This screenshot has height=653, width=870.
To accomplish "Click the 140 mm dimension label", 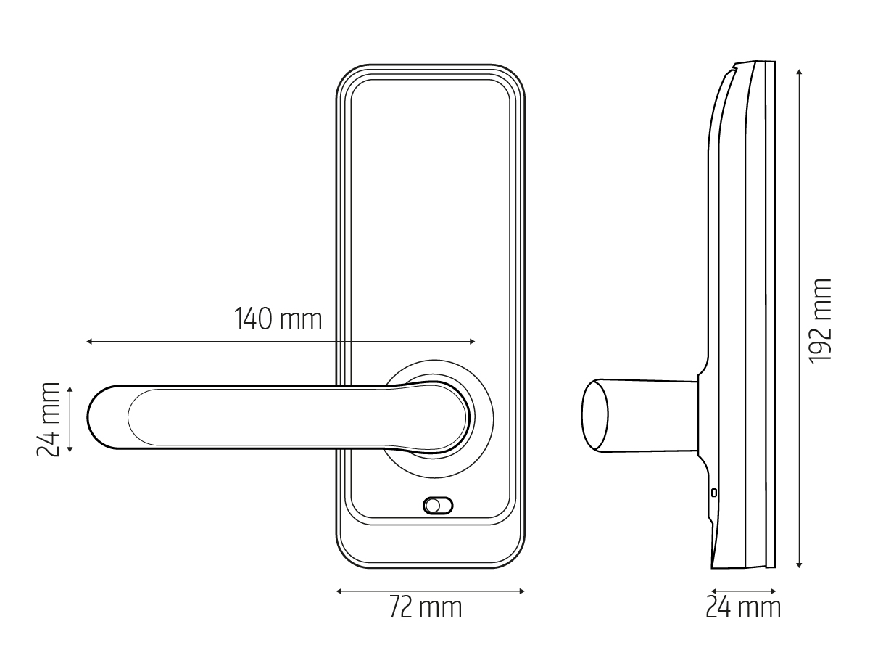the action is coord(278,319).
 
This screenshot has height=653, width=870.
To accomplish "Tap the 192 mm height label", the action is coord(821,321).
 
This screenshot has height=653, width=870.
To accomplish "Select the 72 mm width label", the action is coord(426,607).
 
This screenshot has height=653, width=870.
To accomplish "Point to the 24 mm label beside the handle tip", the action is coord(48,419).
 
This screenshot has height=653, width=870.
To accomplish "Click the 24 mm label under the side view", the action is coord(743,607).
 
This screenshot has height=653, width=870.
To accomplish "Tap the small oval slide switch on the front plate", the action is coord(438,506).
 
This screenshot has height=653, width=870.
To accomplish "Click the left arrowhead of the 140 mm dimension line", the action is coord(89,341).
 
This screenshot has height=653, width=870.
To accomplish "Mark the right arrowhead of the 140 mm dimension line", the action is coord(472,341).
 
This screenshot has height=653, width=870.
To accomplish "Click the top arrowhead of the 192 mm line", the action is coord(799,72).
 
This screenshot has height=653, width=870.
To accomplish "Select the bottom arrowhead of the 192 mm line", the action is coord(799,565).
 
